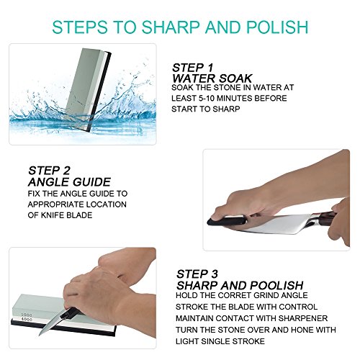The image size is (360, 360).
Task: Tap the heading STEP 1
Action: click(x=192, y=68)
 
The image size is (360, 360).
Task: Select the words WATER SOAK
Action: click(x=212, y=78)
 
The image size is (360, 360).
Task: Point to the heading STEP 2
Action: click(x=49, y=171)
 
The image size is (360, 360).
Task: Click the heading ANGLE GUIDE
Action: click(x=69, y=182)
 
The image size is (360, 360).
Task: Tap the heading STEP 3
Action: click(x=197, y=274)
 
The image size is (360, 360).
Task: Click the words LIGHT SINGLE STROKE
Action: click(x=220, y=341)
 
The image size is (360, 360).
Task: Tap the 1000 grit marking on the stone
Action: click(x=27, y=315)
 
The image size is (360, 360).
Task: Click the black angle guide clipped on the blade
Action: click(x=227, y=220)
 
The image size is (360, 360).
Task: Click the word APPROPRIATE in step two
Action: click(x=55, y=204)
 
